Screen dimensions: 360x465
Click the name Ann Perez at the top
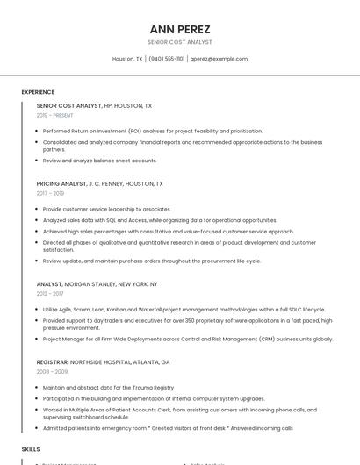coord(180,29)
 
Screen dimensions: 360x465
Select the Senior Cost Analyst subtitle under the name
coord(180,42)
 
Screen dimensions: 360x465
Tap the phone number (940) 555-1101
coord(167,59)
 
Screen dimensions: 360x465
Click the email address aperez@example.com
coord(219,59)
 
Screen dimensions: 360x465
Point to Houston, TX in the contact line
coord(127,59)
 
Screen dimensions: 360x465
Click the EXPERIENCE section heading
coord(38,91)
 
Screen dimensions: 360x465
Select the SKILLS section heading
coord(31,448)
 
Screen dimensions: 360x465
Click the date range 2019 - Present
coord(55,115)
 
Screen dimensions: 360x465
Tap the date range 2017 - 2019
coord(50,193)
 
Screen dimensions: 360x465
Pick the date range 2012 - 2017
coord(50,293)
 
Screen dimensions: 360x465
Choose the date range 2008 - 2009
coord(51,371)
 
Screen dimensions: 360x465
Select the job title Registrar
coord(52,361)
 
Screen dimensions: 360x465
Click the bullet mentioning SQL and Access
coord(160,220)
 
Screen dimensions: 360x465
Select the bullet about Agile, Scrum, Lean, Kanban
coord(184,309)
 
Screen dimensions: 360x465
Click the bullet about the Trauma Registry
coord(108,387)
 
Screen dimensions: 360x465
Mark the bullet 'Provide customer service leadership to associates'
coord(106,209)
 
